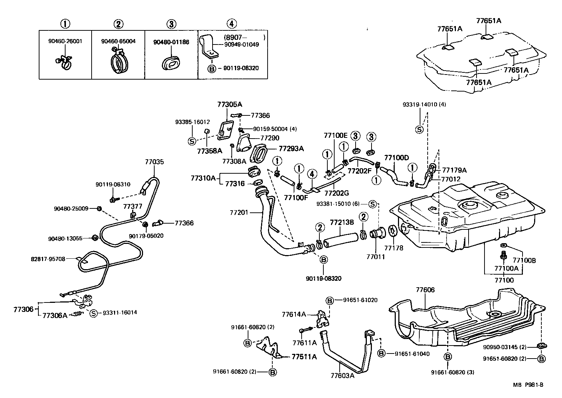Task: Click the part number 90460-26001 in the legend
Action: pos(65,41)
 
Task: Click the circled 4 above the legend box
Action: pos(232,24)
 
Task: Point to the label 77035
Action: pos(155,162)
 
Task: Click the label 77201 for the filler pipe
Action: pos(239,212)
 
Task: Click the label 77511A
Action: pos(304,357)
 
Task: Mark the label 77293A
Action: pos(291,148)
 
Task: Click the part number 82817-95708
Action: pos(48,259)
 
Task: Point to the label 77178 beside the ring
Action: pos(394,248)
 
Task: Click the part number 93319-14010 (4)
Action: pos(424,105)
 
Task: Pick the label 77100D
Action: pos(396,158)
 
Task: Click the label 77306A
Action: pos(55,316)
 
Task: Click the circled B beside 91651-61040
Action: pos(381,353)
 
